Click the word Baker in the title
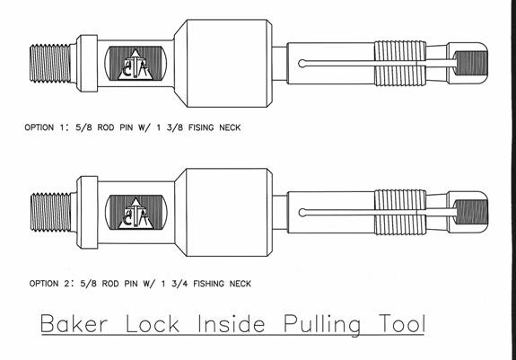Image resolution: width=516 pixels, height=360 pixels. pyautogui.click(x=74, y=324)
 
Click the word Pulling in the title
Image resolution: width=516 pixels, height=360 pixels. pyautogui.click(x=322, y=325)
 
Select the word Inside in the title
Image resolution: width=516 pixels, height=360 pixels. pyautogui.click(x=231, y=323)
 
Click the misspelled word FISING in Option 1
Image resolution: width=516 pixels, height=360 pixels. pyautogui.click(x=201, y=127)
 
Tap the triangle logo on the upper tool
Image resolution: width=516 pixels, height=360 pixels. pyautogui.click(x=136, y=65)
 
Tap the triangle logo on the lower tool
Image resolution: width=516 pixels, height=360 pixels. pyautogui.click(x=136, y=214)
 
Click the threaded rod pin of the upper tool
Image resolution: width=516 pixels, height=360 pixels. pyautogui.click(x=50, y=63)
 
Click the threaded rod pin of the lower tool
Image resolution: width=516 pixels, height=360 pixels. pyautogui.click(x=50, y=212)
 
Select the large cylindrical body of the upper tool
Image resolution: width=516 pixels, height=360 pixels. pyautogui.click(x=223, y=63)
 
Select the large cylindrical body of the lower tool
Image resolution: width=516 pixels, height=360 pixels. pyautogui.click(x=223, y=212)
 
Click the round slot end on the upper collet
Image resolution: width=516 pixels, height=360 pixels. pyautogui.click(x=302, y=64)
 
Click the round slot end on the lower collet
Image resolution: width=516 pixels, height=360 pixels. pyautogui.click(x=302, y=213)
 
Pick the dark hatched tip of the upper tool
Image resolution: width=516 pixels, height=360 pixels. pyautogui.click(x=471, y=63)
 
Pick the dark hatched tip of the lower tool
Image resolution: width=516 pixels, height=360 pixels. pyautogui.click(x=471, y=212)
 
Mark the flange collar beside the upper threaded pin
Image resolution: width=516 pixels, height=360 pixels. pyautogui.click(x=87, y=63)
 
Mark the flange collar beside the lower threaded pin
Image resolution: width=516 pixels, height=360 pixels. pyautogui.click(x=87, y=212)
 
